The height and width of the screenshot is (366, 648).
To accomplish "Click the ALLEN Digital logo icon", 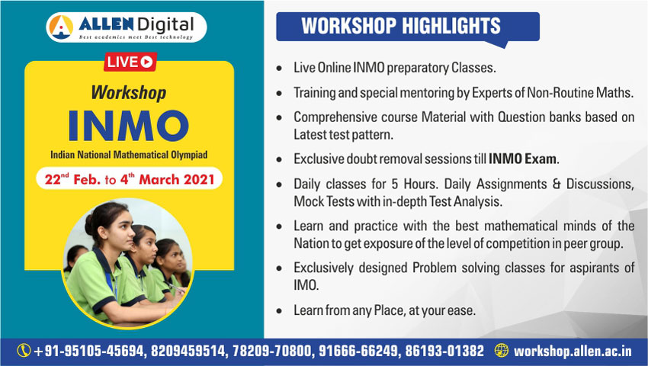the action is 61,27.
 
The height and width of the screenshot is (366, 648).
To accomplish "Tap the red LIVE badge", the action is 130,62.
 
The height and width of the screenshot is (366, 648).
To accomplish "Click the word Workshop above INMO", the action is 129,92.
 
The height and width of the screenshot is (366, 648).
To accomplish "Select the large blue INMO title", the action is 129,126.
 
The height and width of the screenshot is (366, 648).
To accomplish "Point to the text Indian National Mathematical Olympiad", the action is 129,155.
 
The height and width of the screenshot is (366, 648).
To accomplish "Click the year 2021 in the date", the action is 199,179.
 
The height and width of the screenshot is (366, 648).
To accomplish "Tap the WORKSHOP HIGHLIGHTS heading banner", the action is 408,27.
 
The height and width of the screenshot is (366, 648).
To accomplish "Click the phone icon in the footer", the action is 24,351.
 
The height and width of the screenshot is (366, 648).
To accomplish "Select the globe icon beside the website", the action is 502,350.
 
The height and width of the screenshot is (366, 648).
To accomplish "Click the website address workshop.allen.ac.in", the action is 573,351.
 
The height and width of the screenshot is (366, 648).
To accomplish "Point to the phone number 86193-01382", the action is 444,351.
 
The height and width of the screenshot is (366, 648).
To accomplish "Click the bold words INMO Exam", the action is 523,159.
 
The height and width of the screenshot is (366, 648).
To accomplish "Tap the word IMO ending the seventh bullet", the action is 306,285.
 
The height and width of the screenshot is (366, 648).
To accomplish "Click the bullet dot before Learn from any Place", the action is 280,310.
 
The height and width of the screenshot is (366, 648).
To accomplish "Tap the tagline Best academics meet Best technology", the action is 136,37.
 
